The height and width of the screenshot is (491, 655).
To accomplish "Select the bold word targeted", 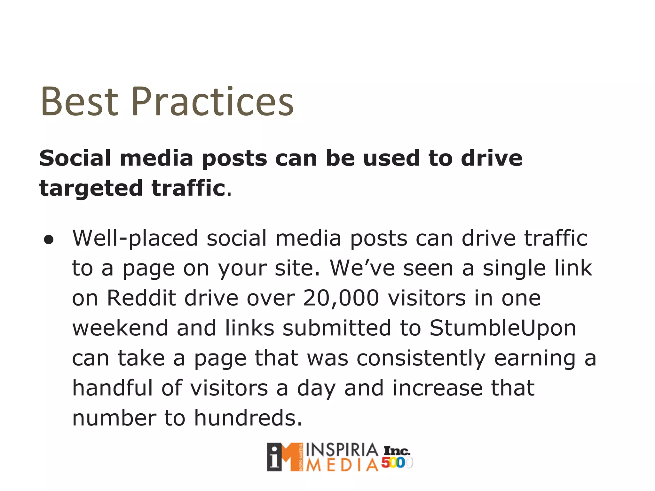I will tap(91, 189).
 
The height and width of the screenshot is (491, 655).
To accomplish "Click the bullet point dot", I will tap(49, 240).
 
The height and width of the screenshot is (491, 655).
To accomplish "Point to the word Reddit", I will tap(141, 298).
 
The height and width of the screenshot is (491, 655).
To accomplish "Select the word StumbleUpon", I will tap(502, 328).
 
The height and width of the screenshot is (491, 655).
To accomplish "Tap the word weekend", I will tap(120, 328).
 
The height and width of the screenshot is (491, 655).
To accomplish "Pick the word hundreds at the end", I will tap(248, 418).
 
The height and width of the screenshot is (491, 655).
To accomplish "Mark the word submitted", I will tap(337, 328).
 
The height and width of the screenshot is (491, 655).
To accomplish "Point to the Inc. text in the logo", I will tap(397, 451).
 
